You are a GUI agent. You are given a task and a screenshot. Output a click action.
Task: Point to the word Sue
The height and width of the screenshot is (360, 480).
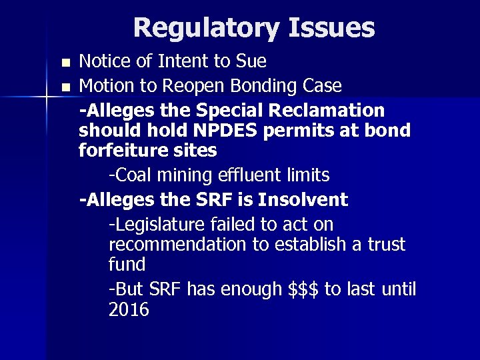click(251, 62)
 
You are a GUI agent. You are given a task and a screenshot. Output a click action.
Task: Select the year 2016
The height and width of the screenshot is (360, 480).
click(129, 309)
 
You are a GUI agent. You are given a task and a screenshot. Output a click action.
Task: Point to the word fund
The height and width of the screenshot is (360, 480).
click(127, 265)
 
